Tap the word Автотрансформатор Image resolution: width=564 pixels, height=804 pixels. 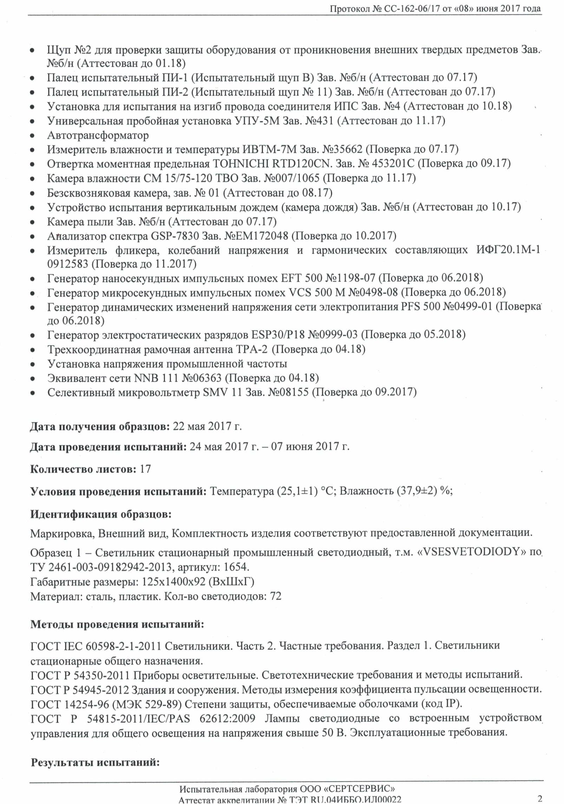click(x=98, y=135)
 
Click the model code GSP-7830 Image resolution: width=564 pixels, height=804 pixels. click(x=175, y=236)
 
